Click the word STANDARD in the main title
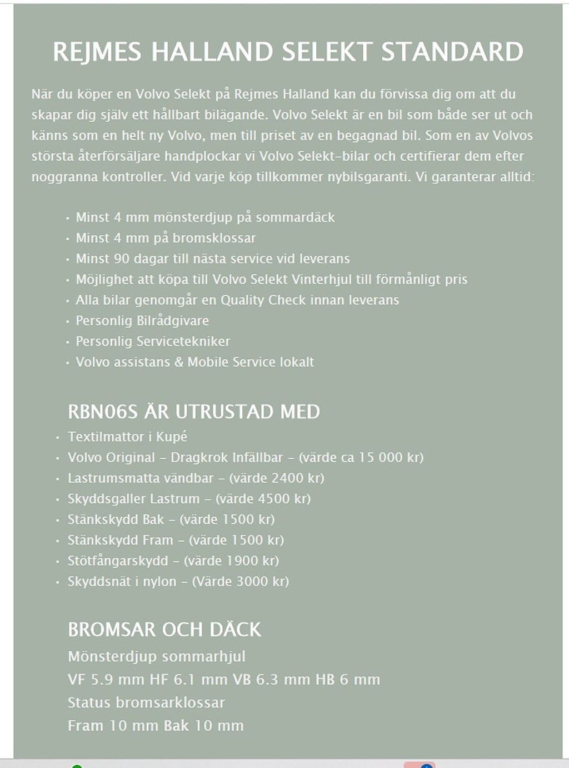pos(452,52)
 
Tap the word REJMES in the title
pos(97,52)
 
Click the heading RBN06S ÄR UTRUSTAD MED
pos(193,412)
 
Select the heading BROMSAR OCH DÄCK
pos(164,629)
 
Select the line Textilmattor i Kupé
pos(127,437)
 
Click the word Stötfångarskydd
pos(118,561)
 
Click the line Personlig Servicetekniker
pos(153,341)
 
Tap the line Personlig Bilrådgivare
pos(142,320)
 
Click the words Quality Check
pos(258,300)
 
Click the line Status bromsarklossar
pos(146,702)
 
